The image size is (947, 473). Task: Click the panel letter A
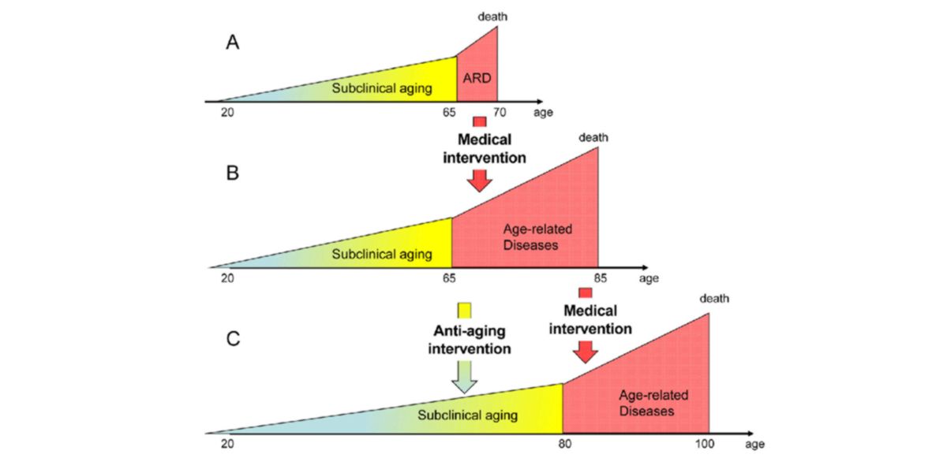[233, 43]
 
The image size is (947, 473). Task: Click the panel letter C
[233, 339]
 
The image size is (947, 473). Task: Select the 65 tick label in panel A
[450, 113]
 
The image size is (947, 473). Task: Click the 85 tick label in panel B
[600, 277]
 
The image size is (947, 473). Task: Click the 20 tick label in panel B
[227, 277]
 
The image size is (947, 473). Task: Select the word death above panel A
[492, 17]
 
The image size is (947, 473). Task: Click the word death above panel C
[714, 298]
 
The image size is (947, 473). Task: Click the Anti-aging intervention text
[469, 339]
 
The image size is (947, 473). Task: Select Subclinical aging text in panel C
[467, 415]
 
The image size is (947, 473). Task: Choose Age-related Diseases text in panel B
[537, 236]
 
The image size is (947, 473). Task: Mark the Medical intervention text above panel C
[590, 320]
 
